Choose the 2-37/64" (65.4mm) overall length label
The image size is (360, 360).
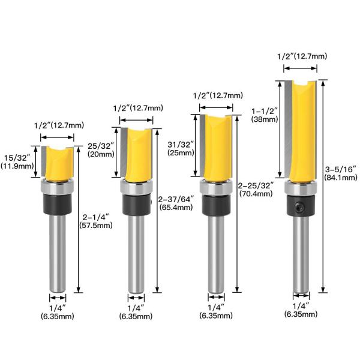tap(175, 202)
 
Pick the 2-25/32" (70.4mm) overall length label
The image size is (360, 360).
tap(256, 189)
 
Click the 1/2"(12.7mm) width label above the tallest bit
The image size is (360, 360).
tap(302, 56)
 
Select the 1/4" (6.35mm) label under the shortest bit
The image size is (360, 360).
tap(58, 312)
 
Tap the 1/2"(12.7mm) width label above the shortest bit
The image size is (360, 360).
tap(59, 125)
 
